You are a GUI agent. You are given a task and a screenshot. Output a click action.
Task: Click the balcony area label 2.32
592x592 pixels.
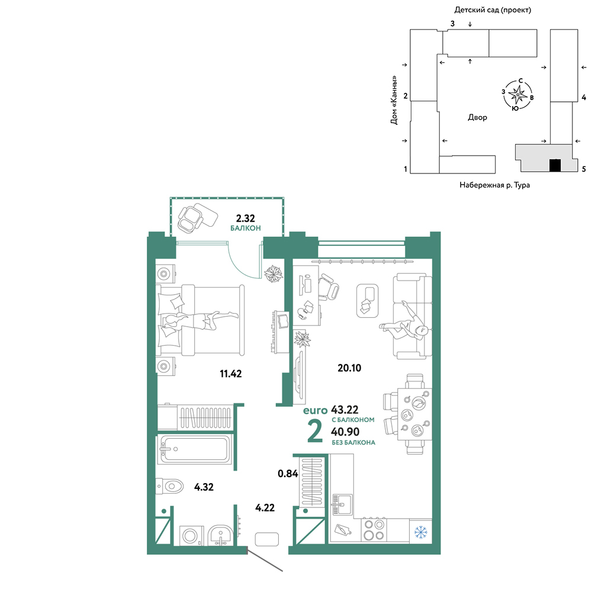coord(246,218)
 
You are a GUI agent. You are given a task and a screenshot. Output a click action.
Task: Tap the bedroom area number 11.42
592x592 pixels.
coord(231,374)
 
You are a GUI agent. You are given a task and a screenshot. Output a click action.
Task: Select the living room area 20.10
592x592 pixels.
coord(349,368)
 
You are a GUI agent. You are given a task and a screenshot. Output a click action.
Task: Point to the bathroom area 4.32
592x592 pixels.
coord(204,487)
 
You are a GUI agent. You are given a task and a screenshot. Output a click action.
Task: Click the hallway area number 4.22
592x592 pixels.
coord(265,508)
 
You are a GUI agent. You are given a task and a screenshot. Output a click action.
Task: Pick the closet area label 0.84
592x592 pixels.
coord(288,474)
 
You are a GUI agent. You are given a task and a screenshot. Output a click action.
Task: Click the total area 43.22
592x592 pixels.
coord(345,410)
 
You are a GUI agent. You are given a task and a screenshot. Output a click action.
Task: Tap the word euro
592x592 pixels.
coord(316,410)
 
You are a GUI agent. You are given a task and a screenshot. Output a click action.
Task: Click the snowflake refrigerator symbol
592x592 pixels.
coord(420,532)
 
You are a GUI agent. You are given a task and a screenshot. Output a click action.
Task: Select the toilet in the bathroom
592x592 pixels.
coord(169,486)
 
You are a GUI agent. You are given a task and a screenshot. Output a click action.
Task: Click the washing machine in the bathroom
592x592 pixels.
coord(191,536)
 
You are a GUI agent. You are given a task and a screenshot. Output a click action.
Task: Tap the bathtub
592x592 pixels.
coord(194,450)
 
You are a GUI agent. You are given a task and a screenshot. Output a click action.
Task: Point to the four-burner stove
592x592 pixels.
coord(374,530)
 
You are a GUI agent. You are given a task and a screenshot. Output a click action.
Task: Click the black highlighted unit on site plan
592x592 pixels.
coord(555,165)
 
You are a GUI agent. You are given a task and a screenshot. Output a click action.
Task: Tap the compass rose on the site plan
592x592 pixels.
coord(517,95)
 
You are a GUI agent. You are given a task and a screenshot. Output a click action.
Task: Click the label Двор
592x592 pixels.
coord(477,117)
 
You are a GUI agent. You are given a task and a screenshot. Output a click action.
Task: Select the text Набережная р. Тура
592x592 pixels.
coord(494,185)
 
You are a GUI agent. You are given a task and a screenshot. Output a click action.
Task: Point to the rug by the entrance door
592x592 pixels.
coord(266,539)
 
